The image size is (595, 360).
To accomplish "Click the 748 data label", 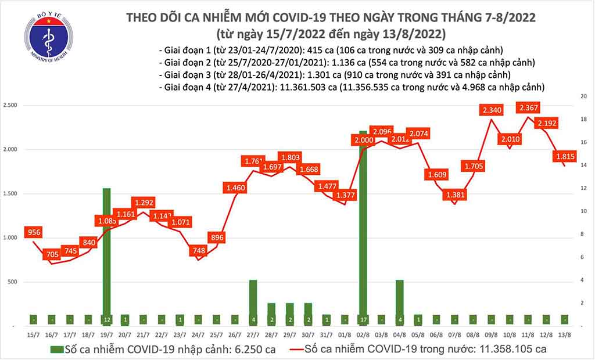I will [198, 250].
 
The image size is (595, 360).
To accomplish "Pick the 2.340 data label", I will [492, 109].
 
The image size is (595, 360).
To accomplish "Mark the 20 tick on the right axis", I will [584, 96].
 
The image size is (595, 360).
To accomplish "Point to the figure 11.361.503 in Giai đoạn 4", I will [297, 87].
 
